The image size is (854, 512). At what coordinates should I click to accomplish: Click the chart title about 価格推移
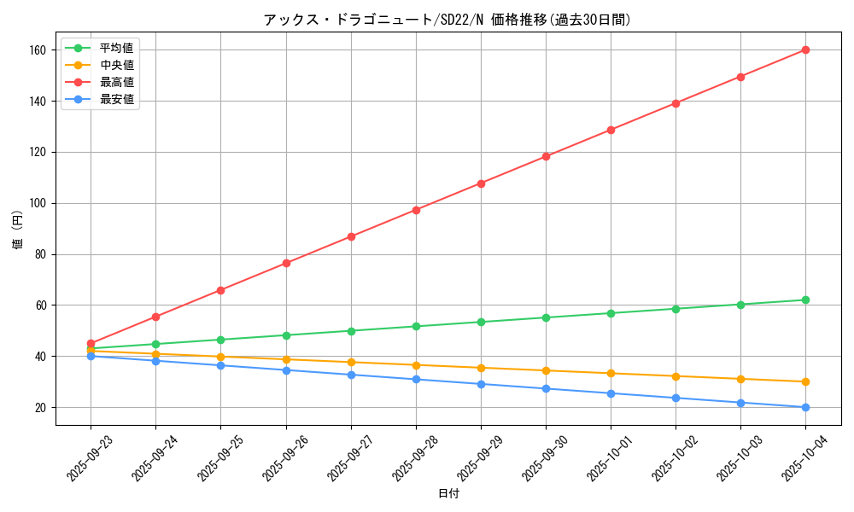[447, 20]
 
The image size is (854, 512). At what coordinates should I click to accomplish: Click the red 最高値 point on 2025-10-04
[805, 49]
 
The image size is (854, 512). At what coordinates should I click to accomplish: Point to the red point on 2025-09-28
[416, 210]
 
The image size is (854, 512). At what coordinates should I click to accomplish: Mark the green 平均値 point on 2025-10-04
[805, 300]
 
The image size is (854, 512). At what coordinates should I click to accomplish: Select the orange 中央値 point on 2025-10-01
[611, 373]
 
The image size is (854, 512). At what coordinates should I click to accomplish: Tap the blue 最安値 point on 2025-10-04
[805, 407]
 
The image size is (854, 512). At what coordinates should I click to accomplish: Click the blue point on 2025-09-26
[286, 370]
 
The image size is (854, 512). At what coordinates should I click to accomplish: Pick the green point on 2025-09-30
[546, 317]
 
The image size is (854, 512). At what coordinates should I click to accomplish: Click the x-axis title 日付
[447, 493]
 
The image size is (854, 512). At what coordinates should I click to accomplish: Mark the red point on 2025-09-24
[155, 317]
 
